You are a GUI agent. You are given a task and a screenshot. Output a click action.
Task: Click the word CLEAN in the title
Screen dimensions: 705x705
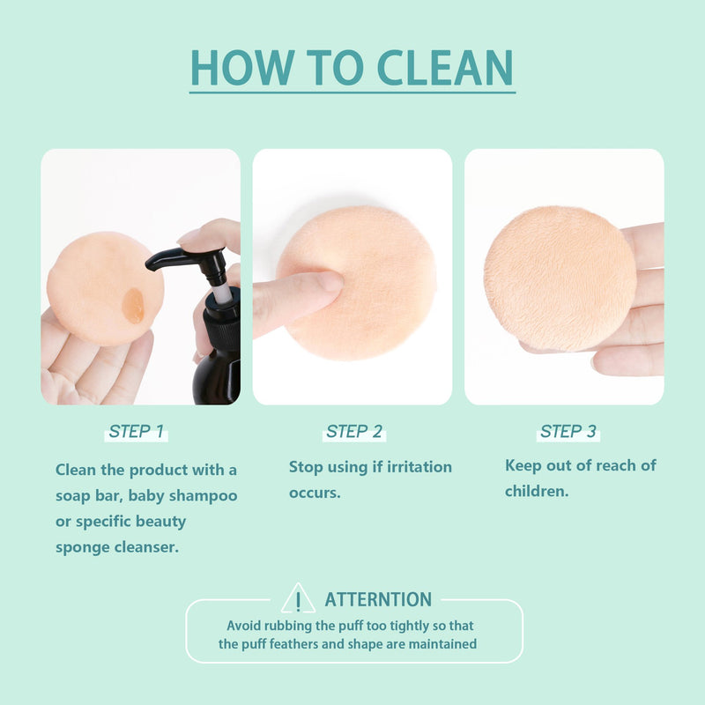pyautogui.click(x=445, y=68)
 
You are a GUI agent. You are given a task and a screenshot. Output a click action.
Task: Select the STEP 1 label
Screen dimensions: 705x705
pyautogui.click(x=137, y=431)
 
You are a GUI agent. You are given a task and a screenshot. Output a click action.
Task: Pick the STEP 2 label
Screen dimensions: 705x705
pyautogui.click(x=354, y=431)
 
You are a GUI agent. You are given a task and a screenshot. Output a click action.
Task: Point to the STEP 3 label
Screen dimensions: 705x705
pyautogui.click(x=568, y=431)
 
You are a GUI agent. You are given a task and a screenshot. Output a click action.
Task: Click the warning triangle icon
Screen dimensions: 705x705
pyautogui.click(x=298, y=598)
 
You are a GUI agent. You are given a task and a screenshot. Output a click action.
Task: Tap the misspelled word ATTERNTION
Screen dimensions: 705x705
pyautogui.click(x=378, y=599)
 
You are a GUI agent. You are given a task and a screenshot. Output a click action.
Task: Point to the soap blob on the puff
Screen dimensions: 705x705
pyautogui.click(x=133, y=306)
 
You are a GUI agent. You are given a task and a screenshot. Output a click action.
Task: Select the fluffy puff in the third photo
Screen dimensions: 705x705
pyautogui.click(x=560, y=278)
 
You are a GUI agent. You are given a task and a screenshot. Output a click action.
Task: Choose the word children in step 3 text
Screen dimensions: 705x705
pyautogui.click(x=537, y=491)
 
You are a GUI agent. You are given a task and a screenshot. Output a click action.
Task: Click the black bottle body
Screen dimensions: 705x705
pyautogui.click(x=217, y=377)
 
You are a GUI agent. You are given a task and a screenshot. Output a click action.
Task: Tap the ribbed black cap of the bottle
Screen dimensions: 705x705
pyautogui.click(x=222, y=327)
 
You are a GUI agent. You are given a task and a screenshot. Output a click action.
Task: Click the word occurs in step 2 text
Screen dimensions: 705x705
pyautogui.click(x=315, y=493)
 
